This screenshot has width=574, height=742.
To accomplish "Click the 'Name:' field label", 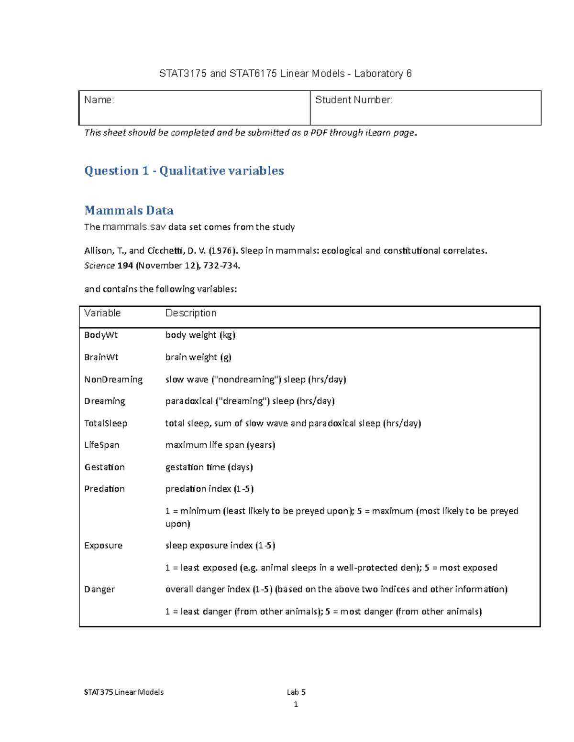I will tap(99, 100).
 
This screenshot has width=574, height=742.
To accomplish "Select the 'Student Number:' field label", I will tap(353, 100).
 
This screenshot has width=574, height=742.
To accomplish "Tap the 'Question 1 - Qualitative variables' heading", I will tap(184, 171).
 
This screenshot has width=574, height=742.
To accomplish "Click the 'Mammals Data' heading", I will tap(129, 210).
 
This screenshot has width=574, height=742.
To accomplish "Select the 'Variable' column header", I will tap(102, 313).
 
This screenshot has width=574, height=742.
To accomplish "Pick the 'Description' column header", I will tap(191, 313).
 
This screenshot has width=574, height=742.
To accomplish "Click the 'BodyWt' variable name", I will tap(101, 335).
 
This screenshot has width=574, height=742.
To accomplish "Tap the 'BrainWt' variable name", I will tap(101, 357).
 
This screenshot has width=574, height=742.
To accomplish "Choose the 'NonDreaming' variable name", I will tap(113, 379).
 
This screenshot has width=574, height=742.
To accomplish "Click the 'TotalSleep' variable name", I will tap(106, 423).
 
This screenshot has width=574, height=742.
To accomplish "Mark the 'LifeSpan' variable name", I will tap(102, 445).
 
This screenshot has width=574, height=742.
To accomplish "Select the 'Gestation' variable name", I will tap(104, 467).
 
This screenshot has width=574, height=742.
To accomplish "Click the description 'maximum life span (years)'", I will tap(220, 445).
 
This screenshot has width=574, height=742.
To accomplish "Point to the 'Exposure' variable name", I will tap(103, 545).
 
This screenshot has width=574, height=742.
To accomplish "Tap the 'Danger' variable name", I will tap(99, 589).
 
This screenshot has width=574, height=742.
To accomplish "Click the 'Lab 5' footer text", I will tap(296, 692).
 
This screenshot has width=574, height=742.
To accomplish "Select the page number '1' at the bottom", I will tap(296, 704).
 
